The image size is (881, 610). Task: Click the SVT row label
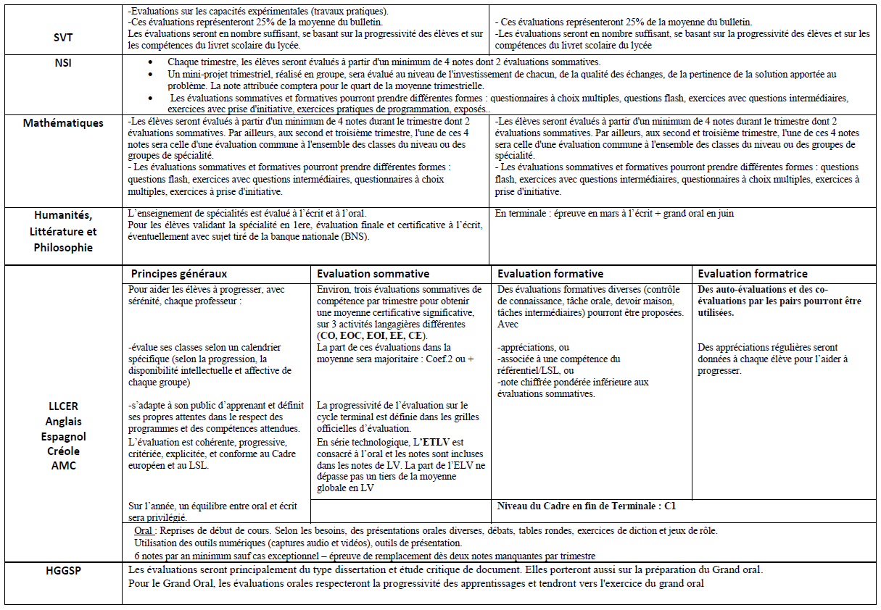(63, 37)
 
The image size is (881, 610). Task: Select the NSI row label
(63, 62)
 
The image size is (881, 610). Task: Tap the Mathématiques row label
(63, 123)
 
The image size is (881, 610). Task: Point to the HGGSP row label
(63, 570)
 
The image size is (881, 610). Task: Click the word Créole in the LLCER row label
(63, 451)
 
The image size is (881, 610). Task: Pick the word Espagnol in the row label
(63, 437)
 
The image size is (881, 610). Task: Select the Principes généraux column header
(179, 274)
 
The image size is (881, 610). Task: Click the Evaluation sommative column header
(373, 274)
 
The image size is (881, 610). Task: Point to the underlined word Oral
(144, 530)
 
